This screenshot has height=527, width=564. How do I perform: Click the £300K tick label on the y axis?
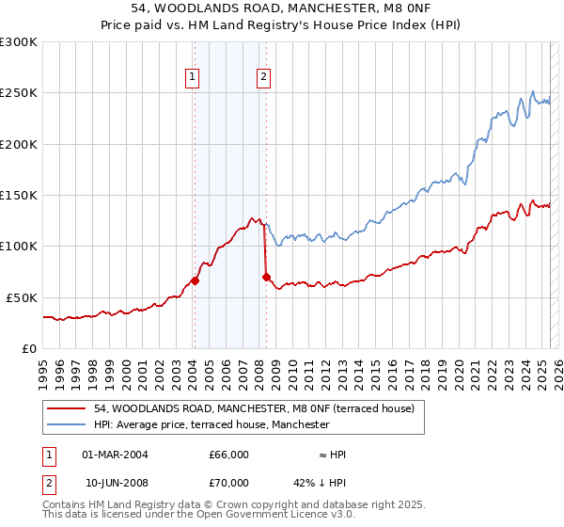pyautogui.click(x=19, y=42)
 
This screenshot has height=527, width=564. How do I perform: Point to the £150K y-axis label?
pyautogui.click(x=19, y=195)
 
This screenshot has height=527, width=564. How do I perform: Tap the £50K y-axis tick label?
pyautogui.click(x=22, y=297)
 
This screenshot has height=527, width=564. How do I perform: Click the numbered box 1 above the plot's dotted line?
pyautogui.click(x=193, y=78)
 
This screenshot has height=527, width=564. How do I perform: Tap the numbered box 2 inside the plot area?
pyautogui.click(x=263, y=78)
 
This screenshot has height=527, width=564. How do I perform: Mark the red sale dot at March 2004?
pyautogui.click(x=195, y=280)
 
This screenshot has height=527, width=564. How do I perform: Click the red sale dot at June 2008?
pyautogui.click(x=266, y=276)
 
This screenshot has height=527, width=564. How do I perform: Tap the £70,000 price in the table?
pyautogui.click(x=229, y=483)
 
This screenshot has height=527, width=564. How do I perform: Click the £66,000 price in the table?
pyautogui.click(x=229, y=455)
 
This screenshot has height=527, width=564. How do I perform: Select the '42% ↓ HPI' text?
pyautogui.click(x=321, y=483)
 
